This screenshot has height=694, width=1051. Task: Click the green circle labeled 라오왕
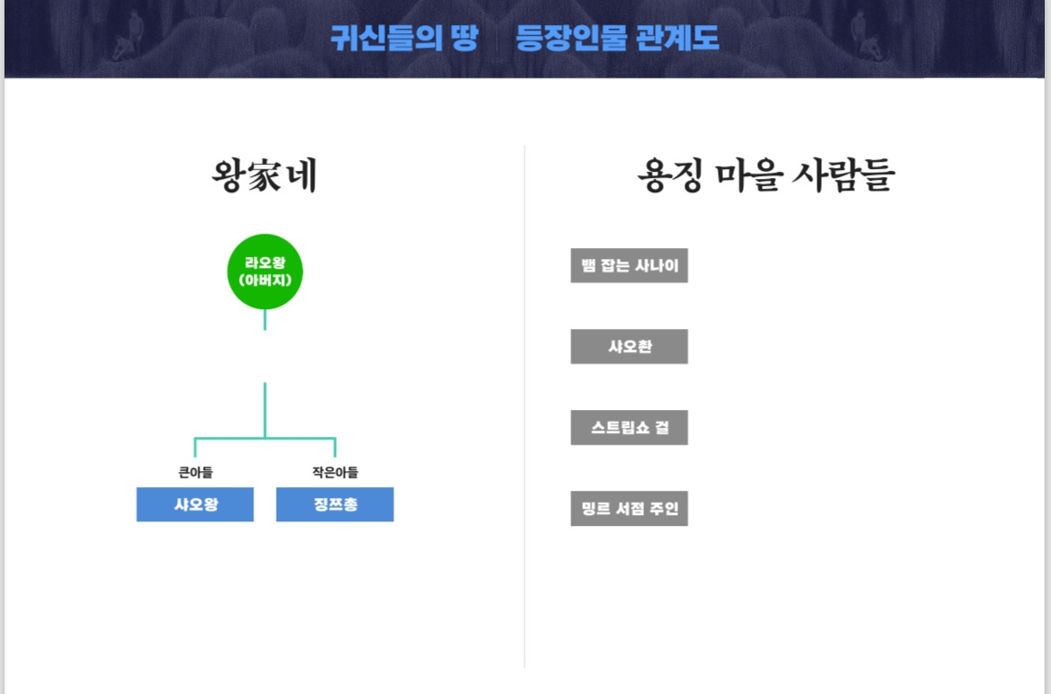(265, 271)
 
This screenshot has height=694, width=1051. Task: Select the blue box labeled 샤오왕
(195, 504)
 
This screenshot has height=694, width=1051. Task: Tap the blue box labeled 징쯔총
(335, 504)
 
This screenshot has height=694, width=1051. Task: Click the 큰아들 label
(195, 472)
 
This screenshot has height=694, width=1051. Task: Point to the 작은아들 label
(335, 472)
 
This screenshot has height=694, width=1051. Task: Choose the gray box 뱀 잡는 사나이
(629, 265)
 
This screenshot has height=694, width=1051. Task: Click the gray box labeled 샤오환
(629, 346)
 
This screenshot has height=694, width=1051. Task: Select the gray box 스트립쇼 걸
(629, 427)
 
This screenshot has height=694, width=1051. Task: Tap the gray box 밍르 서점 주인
(629, 509)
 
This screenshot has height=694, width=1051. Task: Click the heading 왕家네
(265, 176)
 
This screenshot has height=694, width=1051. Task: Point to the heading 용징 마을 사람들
(765, 176)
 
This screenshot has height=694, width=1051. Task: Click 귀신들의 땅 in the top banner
(404, 38)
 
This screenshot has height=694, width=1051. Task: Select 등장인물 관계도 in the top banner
(617, 38)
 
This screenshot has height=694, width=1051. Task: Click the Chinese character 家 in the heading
(265, 176)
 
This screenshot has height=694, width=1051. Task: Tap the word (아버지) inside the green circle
(265, 280)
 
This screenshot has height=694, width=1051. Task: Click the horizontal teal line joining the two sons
(265, 438)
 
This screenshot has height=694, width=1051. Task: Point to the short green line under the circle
(265, 319)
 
